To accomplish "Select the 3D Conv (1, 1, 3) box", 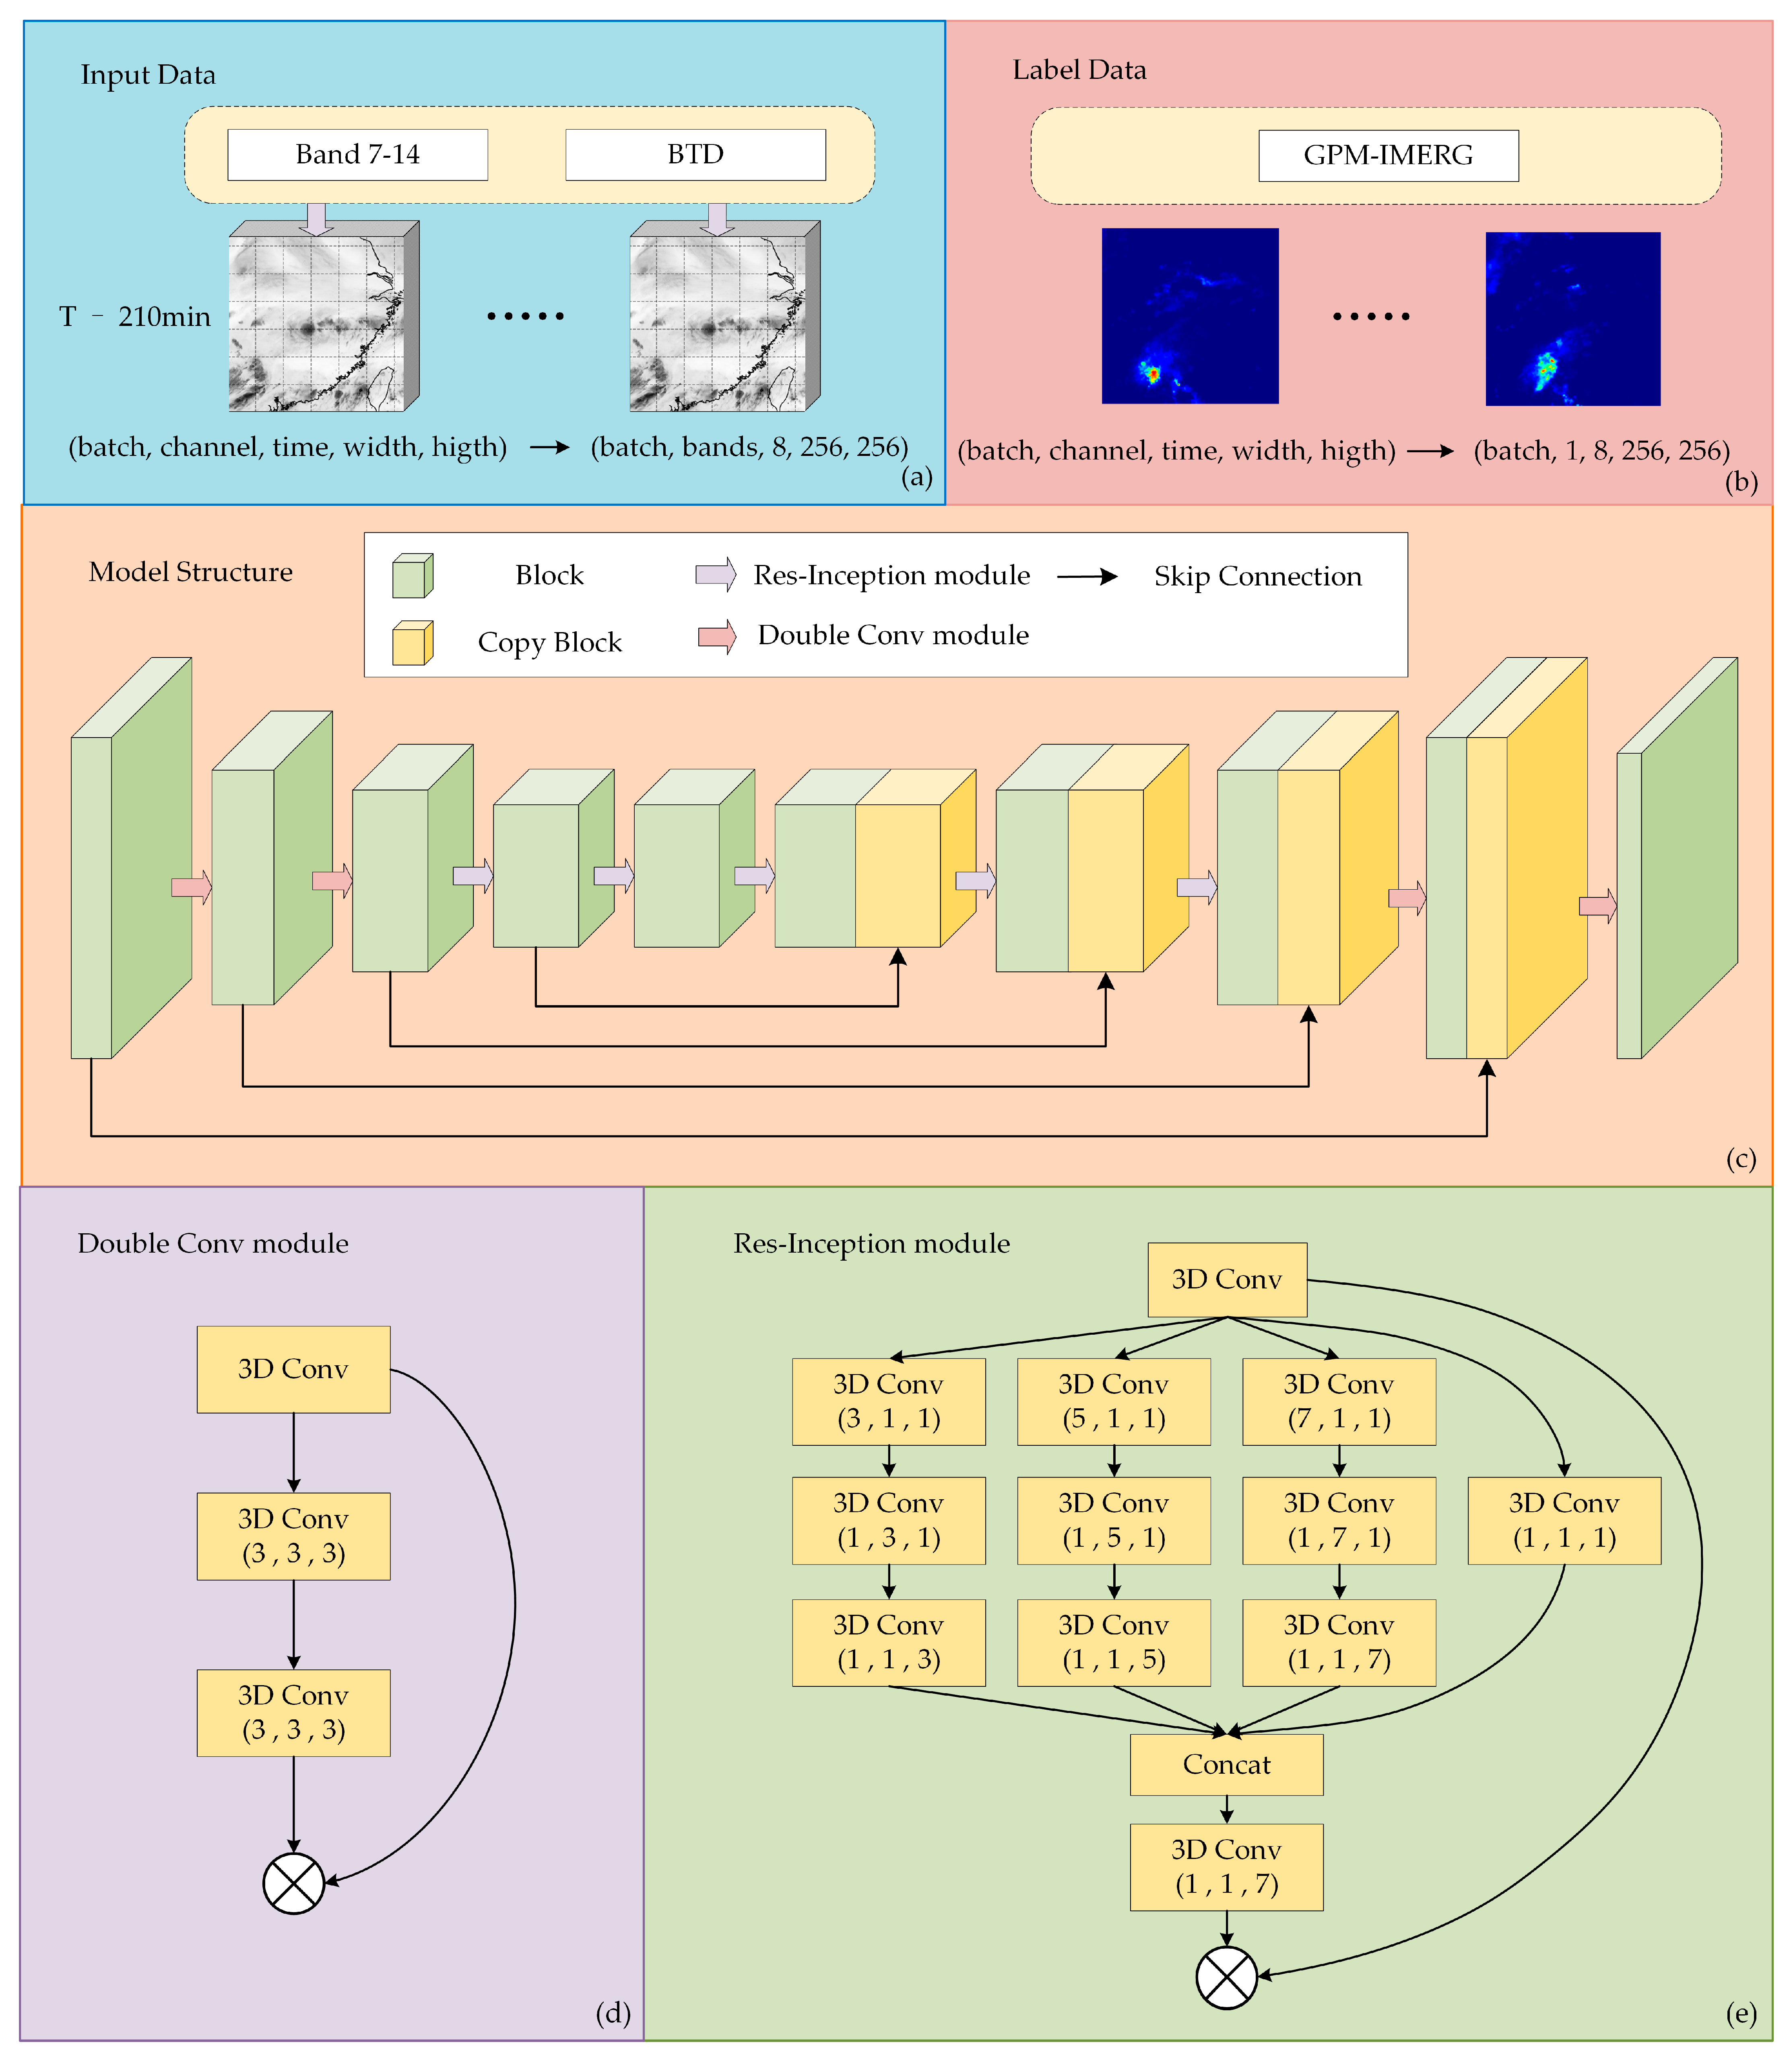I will click(x=889, y=1643).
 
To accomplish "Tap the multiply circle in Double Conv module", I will click(x=293, y=1883).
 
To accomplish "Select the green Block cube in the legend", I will click(x=412, y=575).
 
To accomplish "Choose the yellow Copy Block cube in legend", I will click(x=412, y=642).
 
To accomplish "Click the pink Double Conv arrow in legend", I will click(x=716, y=637).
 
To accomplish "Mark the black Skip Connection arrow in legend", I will click(x=1087, y=577).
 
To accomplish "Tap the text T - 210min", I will click(x=135, y=317).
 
